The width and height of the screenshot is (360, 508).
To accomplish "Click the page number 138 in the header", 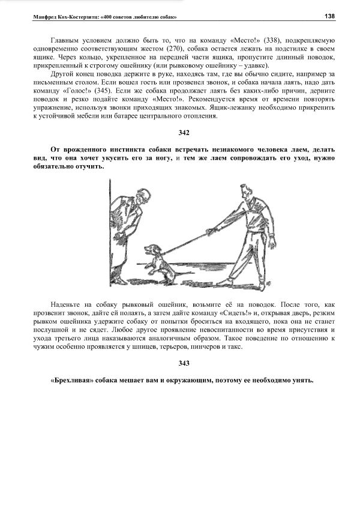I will (329, 16).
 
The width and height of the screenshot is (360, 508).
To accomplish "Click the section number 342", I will (184, 132).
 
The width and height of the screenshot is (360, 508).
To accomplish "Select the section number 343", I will (184, 363).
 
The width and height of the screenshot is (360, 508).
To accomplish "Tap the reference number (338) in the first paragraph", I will (262, 40).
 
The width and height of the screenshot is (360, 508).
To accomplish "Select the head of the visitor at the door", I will (144, 196).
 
